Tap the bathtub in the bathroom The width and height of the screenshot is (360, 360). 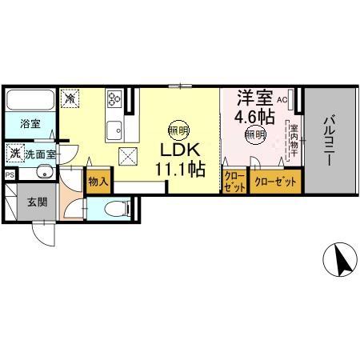(x=30, y=102)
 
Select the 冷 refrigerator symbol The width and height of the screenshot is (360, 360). (x=71, y=98)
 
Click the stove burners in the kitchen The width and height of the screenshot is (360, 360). (x=114, y=99)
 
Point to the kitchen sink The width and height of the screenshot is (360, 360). (x=114, y=127)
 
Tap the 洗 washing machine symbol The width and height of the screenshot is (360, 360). (x=14, y=152)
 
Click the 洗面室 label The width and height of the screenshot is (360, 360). (x=39, y=153)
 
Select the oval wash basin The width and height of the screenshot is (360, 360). (x=42, y=173)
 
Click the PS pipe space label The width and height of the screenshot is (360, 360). (x=10, y=174)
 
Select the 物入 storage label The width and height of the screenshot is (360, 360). (x=98, y=182)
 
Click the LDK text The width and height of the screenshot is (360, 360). (x=179, y=150)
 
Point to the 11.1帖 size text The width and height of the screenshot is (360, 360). (x=181, y=170)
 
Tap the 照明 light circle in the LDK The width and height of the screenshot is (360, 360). (x=178, y=130)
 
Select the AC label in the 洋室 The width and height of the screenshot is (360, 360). (x=282, y=100)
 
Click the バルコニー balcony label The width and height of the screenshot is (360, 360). (x=329, y=141)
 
